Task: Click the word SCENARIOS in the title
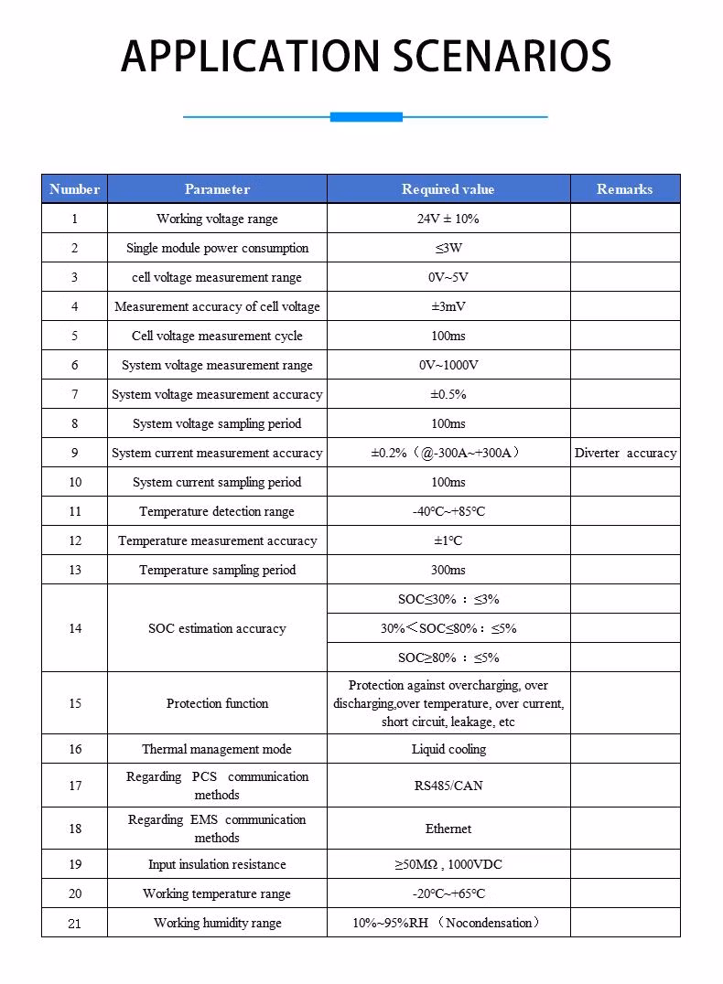(x=502, y=57)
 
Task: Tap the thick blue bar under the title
(x=366, y=117)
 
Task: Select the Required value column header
(x=448, y=189)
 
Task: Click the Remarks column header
(x=624, y=189)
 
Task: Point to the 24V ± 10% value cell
(x=448, y=219)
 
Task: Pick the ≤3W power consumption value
(x=448, y=248)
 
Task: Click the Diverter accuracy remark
(x=625, y=453)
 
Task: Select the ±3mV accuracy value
(x=448, y=306)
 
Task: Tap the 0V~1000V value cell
(x=448, y=365)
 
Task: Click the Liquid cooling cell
(x=448, y=749)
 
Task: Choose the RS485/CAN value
(x=448, y=786)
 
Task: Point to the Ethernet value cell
(x=448, y=829)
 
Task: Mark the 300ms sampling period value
(x=448, y=570)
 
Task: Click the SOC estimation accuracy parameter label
(x=217, y=628)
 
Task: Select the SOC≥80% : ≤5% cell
(x=448, y=658)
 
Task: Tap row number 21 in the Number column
(x=74, y=923)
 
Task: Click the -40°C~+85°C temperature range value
(x=448, y=511)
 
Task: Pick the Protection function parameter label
(x=217, y=703)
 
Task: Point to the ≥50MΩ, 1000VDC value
(x=448, y=864)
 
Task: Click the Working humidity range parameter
(x=217, y=923)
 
